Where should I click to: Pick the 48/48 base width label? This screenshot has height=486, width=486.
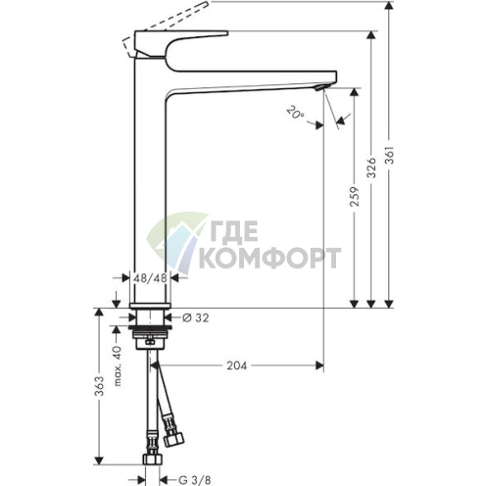(x=152, y=278)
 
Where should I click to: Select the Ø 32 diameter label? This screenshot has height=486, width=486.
(x=195, y=316)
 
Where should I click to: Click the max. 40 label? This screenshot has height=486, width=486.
(x=117, y=364)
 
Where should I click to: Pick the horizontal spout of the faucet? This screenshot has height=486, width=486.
(x=255, y=79)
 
